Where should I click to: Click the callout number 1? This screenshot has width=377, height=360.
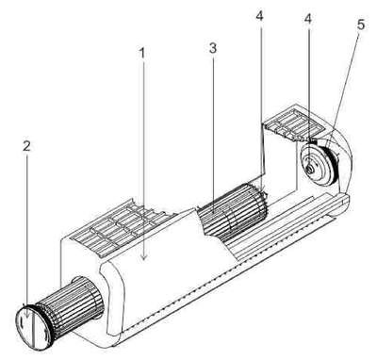pos(142,53)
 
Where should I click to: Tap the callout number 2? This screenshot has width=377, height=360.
pos(26,146)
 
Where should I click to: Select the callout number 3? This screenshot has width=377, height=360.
pos(213,49)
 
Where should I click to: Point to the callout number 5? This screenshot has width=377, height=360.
pos(361,25)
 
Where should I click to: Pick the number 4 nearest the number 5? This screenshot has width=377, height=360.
pos(308,19)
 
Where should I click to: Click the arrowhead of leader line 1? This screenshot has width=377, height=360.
pos(144,257)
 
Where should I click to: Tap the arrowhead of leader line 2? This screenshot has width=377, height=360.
pos(27,316)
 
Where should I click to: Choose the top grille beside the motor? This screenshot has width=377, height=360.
pos(295,123)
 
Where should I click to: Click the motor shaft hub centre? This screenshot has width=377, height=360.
pos(310,169)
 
